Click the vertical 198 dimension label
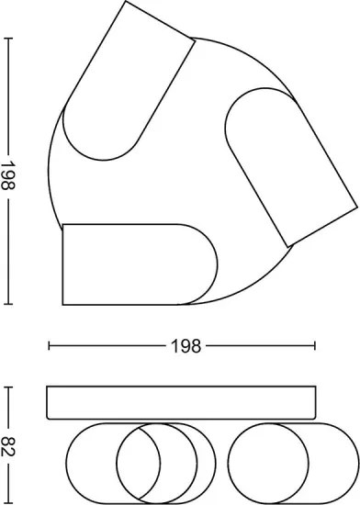(7, 175)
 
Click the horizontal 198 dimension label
(186, 346)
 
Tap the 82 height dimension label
(7, 447)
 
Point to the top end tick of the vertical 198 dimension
(8, 39)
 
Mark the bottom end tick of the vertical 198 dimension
(8, 303)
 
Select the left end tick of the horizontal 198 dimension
(49, 346)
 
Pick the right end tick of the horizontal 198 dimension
(315, 346)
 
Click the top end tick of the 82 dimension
(8, 387)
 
